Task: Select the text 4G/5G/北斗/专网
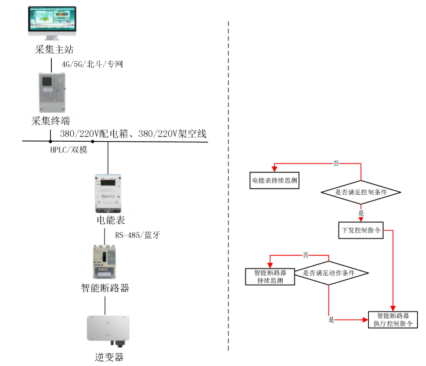click(x=92, y=64)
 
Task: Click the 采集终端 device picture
click(x=51, y=92)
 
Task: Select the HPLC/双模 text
click(x=68, y=151)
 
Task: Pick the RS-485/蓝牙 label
click(x=137, y=235)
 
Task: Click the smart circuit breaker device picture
click(x=105, y=262)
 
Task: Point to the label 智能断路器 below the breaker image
click(x=105, y=288)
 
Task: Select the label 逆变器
click(x=109, y=357)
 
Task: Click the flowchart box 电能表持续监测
click(x=274, y=180)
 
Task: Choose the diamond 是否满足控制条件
click(x=361, y=192)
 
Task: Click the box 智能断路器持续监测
click(x=270, y=277)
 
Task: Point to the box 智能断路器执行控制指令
click(x=392, y=319)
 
